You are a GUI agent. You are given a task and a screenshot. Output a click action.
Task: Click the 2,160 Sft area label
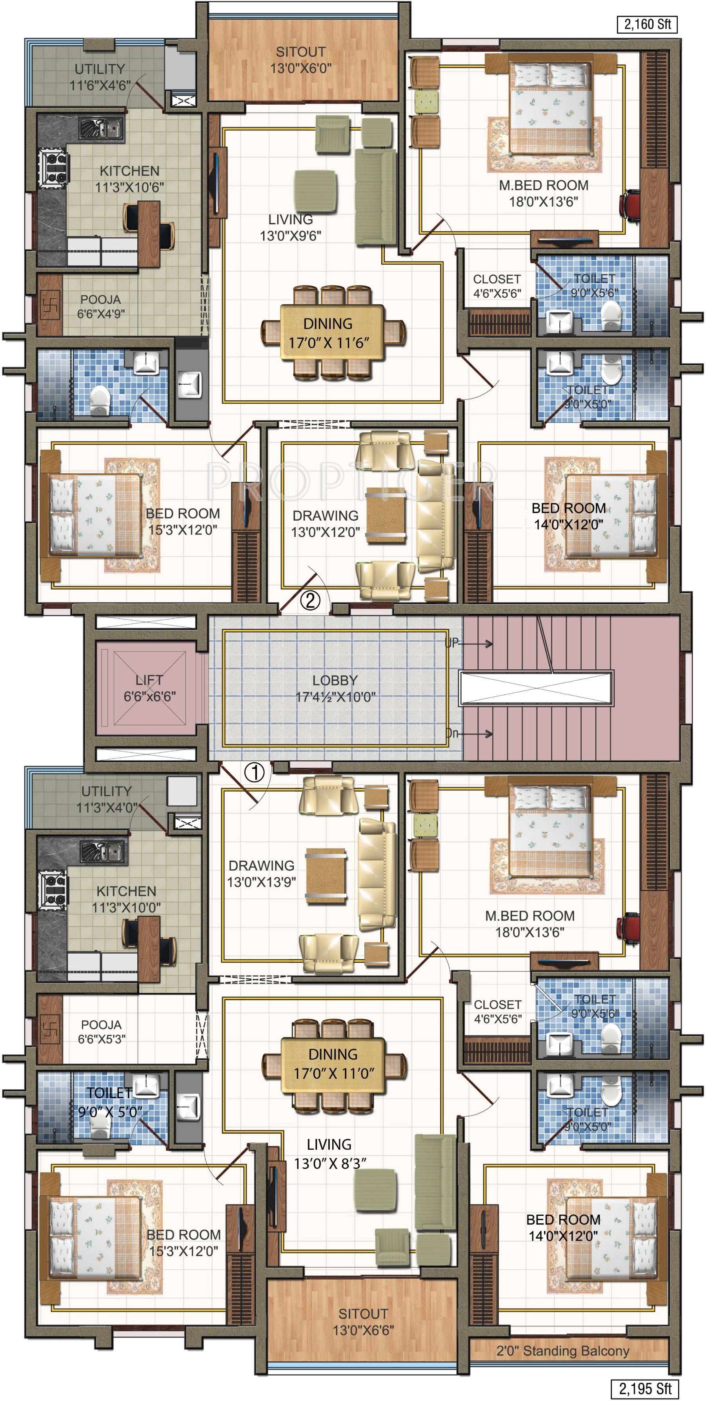(647, 24)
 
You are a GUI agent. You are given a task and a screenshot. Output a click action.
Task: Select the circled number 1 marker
(255, 772)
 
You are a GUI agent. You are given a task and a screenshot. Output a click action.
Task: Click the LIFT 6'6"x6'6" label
(149, 688)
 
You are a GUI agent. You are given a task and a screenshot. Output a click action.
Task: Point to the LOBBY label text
(335, 680)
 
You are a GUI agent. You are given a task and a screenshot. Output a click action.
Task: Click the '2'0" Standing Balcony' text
(562, 1350)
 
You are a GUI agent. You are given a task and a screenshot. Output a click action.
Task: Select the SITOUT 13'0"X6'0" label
(301, 60)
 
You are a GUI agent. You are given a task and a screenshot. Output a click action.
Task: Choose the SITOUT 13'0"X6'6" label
(363, 1321)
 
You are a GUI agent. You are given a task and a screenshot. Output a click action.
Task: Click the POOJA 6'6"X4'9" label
(101, 306)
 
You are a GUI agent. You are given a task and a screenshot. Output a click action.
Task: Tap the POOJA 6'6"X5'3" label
(101, 1032)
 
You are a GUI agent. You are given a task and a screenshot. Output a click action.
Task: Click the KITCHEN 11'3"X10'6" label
(129, 179)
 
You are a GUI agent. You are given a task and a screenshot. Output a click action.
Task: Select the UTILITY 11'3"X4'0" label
(107, 799)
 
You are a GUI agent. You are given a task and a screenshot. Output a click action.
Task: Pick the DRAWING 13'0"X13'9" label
(262, 874)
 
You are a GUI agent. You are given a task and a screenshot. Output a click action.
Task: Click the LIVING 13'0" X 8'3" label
(329, 1154)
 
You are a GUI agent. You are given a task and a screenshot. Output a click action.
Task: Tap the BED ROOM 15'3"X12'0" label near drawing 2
(183, 522)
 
